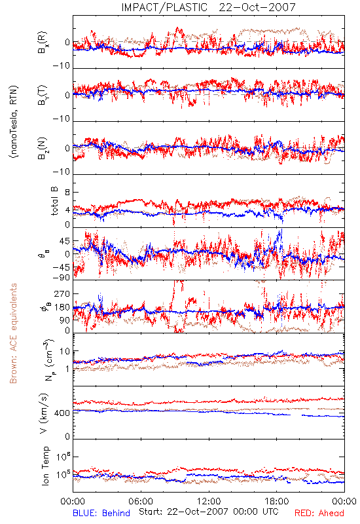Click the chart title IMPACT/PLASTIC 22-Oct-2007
[208, 7]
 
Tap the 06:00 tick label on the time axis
[141, 501]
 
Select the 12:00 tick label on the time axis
[209, 501]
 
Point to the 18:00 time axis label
[277, 501]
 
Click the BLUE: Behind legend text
[101, 513]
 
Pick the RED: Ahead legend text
[319, 513]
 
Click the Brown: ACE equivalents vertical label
[13, 333]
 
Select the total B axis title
[54, 201]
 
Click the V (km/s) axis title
[44, 413]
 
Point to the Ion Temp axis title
[45, 466]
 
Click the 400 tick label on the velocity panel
[62, 413]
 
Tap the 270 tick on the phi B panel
[62, 293]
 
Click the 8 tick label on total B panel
[67, 193]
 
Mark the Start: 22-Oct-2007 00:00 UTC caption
[209, 512]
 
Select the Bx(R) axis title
[43, 43]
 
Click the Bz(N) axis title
[43, 148]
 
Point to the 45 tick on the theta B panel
[65, 241]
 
